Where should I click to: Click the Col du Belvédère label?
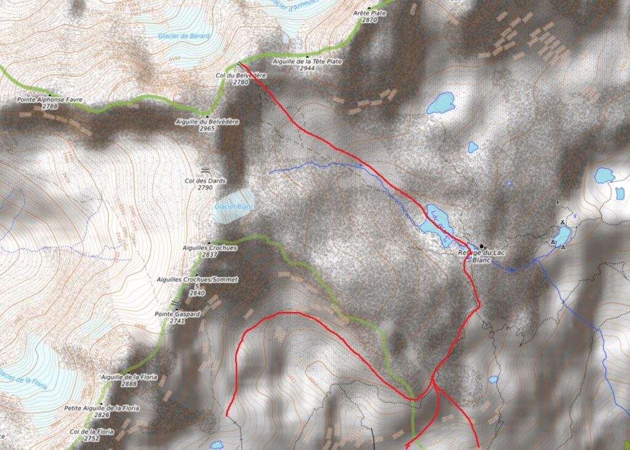[240, 75]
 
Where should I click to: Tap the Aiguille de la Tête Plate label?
[306, 62]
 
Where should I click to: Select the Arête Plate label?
[369, 12]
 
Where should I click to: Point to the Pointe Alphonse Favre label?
[49, 99]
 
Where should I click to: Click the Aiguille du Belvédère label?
[207, 122]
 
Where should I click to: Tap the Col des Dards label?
[205, 181]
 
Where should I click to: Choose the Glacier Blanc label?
[234, 206]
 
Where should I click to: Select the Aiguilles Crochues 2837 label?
[210, 247]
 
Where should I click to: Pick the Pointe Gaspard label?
[177, 314]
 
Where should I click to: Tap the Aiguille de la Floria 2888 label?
[130, 376]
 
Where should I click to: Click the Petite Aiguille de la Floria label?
[102, 408]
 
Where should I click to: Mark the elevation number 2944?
[307, 68]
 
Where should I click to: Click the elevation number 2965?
[207, 129]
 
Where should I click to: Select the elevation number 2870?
[369, 20]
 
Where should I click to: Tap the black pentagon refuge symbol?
[482, 246]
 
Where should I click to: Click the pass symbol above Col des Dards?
[204, 169]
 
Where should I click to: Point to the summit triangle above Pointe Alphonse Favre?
[49, 92]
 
